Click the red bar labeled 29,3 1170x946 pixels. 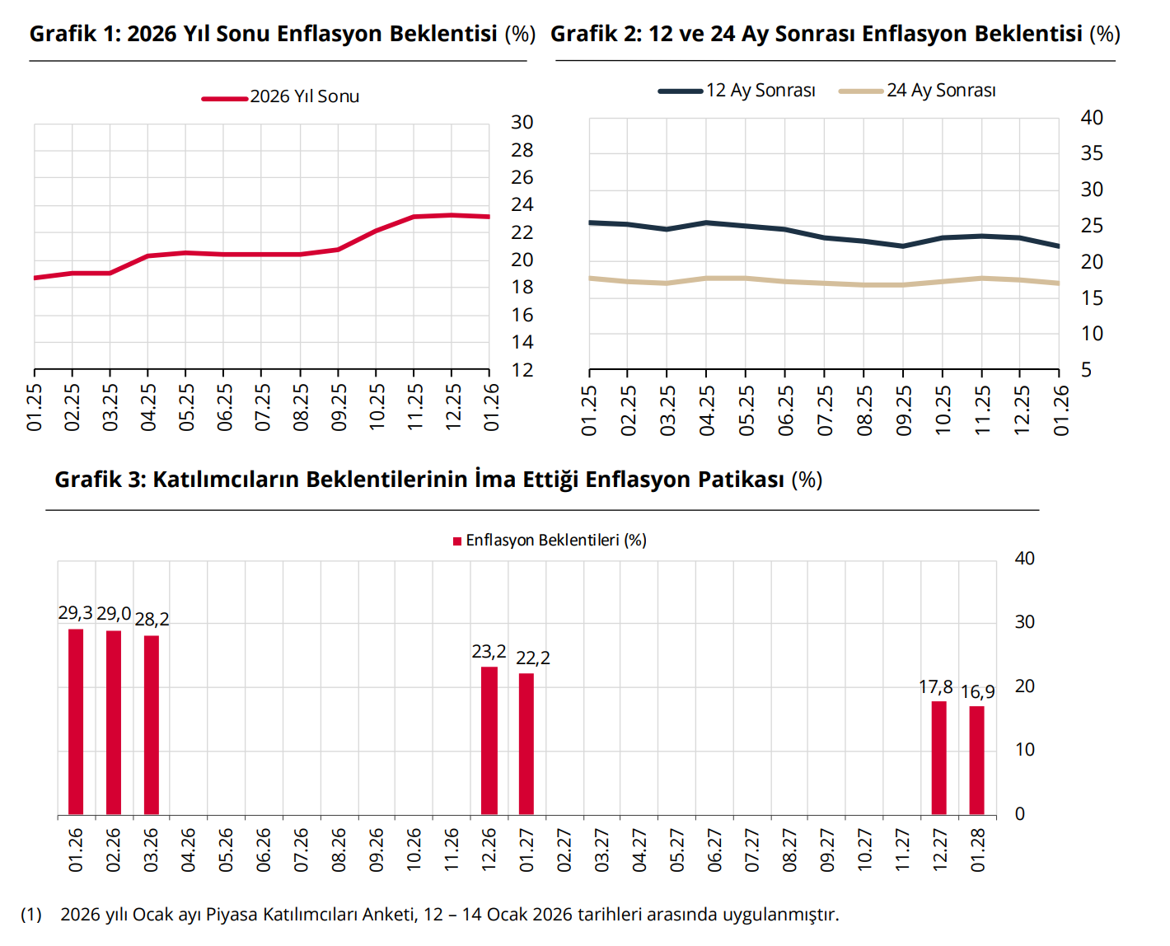click(76, 721)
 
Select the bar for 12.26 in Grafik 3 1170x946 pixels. click(489, 740)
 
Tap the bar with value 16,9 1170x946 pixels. click(976, 760)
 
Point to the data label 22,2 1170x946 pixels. click(533, 658)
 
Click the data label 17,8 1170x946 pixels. click(936, 687)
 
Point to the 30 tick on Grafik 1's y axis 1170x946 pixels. click(522, 123)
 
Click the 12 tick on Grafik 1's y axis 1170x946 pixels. click(522, 370)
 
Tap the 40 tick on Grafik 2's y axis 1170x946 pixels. click(1092, 118)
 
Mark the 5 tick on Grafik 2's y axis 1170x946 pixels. click(1086, 370)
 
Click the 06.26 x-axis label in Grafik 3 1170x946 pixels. click(264, 850)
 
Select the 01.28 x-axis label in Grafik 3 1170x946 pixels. click(978, 850)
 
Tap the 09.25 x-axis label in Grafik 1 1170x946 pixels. click(339, 407)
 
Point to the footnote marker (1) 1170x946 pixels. click(31, 915)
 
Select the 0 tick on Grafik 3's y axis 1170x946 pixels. click(1020, 814)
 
